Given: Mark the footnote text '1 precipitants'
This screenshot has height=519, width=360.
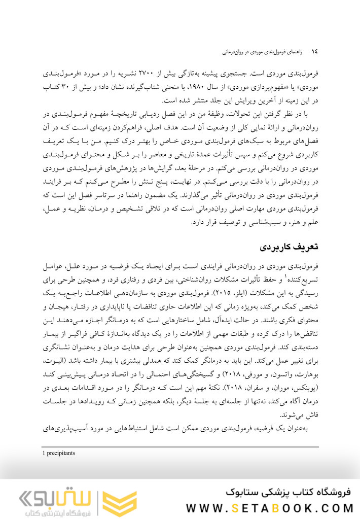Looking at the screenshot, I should click(x=59, y=453).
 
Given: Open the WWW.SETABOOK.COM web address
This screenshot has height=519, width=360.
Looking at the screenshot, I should click(x=269, y=508).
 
